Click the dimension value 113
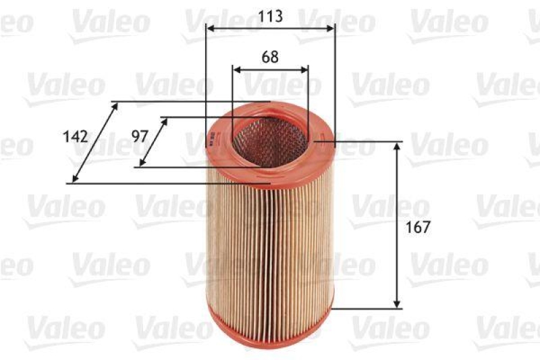[270, 16]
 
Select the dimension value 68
[270, 57]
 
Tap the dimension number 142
[76, 136]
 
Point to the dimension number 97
[140, 136]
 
